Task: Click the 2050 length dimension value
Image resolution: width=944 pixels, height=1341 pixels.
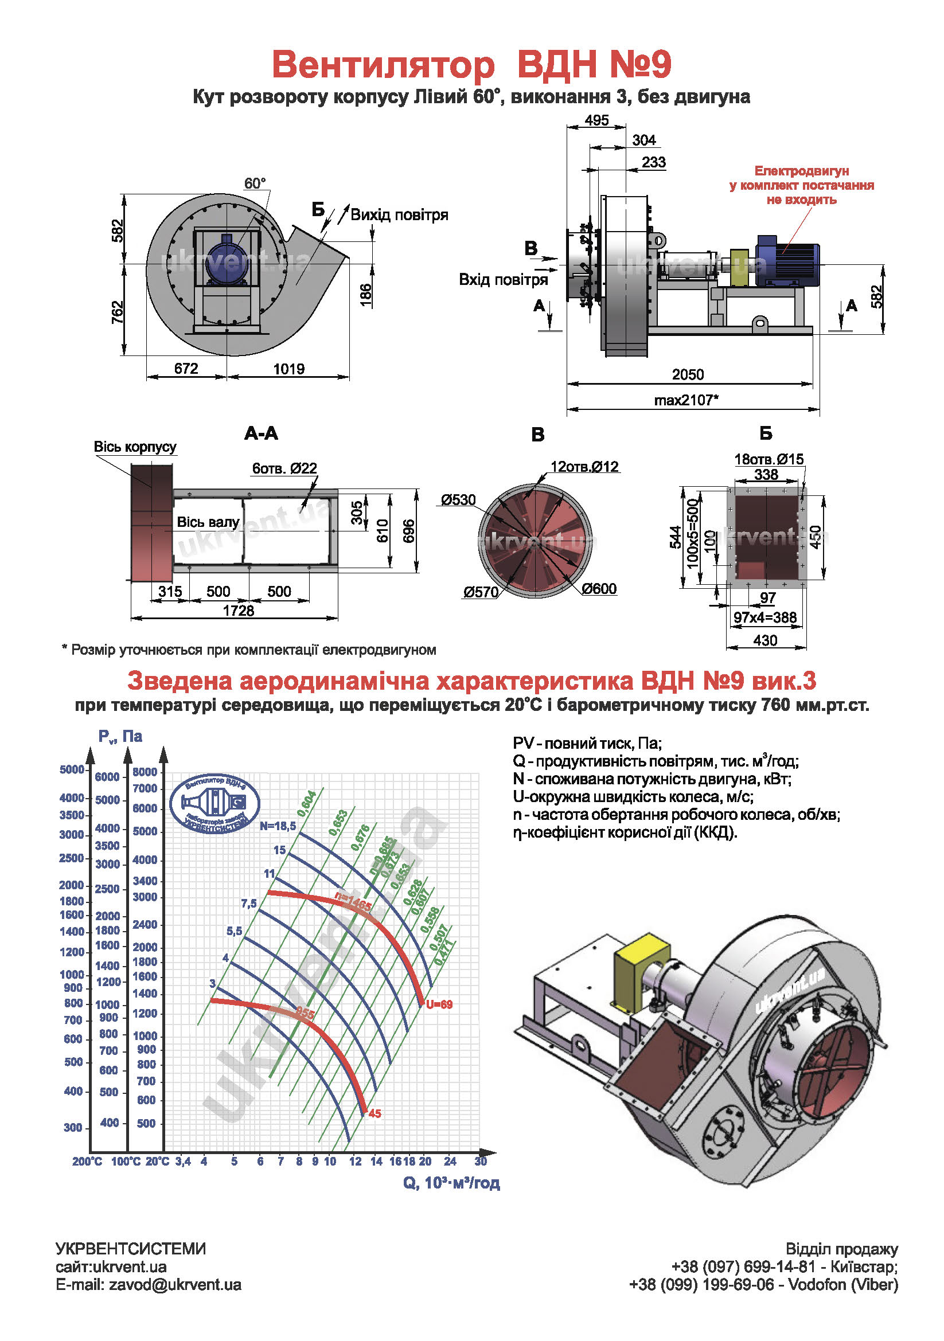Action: (x=688, y=374)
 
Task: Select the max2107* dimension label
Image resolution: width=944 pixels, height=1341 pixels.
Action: (x=686, y=400)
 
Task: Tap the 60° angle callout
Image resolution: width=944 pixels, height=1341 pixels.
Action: (x=255, y=183)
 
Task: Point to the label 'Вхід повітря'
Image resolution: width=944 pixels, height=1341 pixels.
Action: (x=503, y=280)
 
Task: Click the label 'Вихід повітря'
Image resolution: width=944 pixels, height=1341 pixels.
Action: (x=399, y=215)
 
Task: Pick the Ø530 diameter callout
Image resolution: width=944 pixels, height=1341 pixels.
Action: (x=459, y=500)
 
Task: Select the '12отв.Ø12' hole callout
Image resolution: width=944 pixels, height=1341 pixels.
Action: (x=584, y=467)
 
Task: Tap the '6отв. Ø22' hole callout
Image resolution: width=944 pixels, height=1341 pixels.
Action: (x=284, y=468)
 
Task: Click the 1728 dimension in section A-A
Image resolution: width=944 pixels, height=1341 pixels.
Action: (x=239, y=611)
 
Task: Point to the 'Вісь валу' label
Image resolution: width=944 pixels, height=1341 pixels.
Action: (x=208, y=522)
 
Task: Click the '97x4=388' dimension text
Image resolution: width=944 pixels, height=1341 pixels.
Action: (x=765, y=617)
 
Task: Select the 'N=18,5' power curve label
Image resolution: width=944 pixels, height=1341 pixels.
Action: (x=278, y=826)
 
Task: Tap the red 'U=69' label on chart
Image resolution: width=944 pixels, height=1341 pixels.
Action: (x=439, y=1005)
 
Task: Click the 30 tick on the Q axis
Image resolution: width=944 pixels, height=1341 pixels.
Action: (x=481, y=1162)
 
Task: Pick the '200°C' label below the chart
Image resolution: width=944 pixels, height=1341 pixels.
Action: (x=87, y=1162)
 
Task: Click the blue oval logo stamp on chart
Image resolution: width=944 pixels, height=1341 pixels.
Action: (x=215, y=803)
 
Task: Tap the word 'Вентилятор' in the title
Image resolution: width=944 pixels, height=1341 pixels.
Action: (x=383, y=64)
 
